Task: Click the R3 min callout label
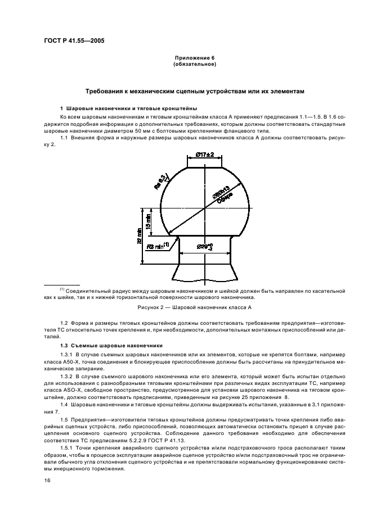[x=159, y=246]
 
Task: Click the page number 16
[x=48, y=480]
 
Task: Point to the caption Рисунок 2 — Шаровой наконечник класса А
[x=194, y=308]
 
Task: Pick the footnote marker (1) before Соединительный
[x=62, y=289]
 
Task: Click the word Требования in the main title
[x=106, y=90]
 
